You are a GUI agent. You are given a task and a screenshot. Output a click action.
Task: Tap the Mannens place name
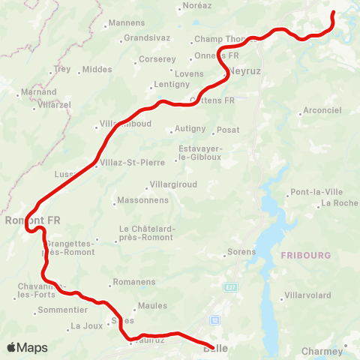[x=127, y=23]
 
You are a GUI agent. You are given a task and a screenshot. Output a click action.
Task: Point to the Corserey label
[x=157, y=58]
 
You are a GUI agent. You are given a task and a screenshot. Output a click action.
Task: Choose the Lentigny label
[x=172, y=84]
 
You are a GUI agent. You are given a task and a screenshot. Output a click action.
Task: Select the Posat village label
[x=228, y=130]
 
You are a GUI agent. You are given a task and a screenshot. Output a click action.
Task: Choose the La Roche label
[x=339, y=203]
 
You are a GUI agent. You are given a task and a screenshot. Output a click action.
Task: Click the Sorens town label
[x=241, y=252]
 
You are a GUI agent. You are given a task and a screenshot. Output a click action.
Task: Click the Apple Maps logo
[x=27, y=348]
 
